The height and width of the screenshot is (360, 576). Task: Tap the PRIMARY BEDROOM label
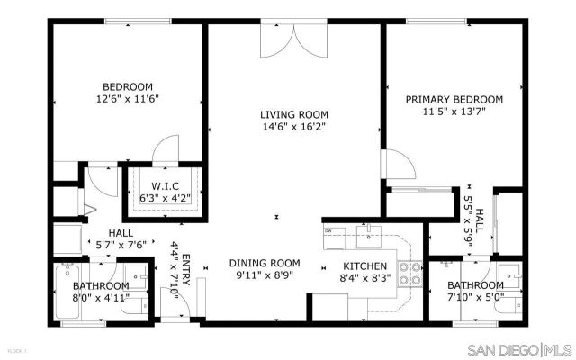(454, 99)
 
